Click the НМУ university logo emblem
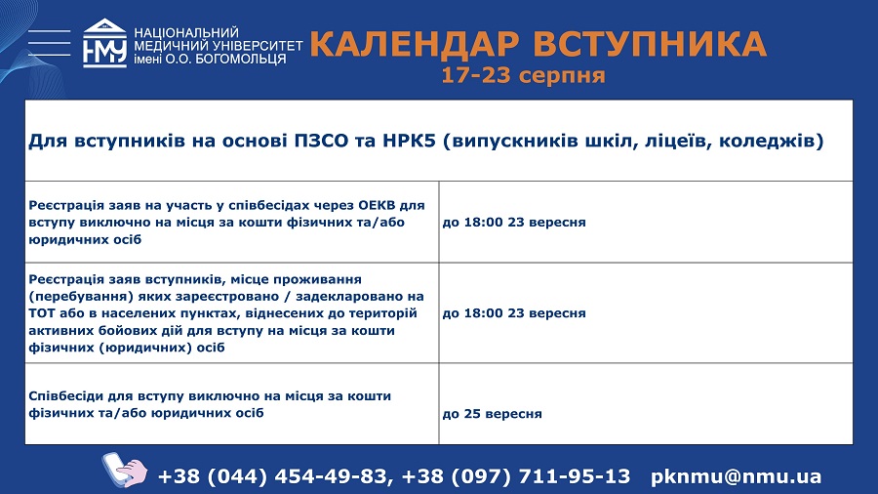tap(104, 43)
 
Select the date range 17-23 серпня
tap(523, 75)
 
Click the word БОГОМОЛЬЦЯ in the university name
tap(240, 59)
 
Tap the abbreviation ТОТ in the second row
tap(40, 313)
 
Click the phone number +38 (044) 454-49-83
tap(273, 476)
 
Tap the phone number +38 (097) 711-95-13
tap(516, 476)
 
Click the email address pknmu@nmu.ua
tap(737, 476)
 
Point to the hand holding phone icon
tap(124, 470)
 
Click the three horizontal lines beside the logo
tap(50, 43)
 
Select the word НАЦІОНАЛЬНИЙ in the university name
tap(186, 32)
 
